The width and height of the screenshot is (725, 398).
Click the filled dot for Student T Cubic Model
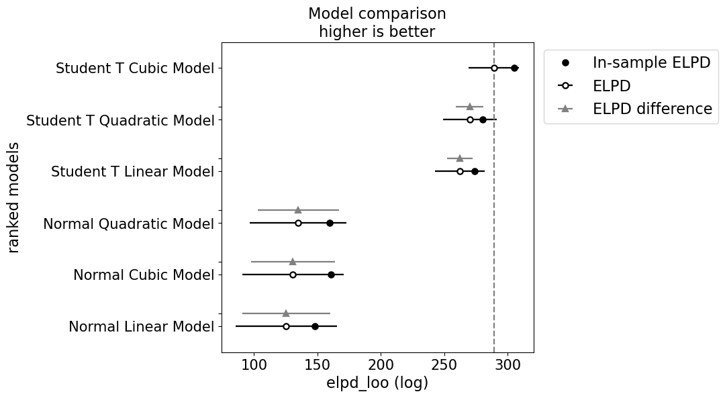coord(514,68)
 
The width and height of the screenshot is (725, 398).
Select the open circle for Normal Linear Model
coord(286,326)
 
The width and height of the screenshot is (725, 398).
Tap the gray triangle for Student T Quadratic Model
coord(470,106)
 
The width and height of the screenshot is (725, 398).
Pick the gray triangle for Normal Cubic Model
coord(293,261)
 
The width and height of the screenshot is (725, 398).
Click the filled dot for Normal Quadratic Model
coord(330,223)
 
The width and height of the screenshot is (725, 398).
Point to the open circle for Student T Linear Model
coord(460,171)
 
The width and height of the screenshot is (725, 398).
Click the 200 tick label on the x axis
coord(381,364)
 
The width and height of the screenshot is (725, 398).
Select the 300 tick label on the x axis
coord(508,364)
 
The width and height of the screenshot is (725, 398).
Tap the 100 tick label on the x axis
coord(254,364)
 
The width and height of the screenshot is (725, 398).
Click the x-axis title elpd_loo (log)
coord(377,384)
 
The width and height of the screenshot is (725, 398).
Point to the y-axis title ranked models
coord(14,197)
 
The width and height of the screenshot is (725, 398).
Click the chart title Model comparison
coord(377,14)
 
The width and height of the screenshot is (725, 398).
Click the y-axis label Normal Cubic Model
coord(144,275)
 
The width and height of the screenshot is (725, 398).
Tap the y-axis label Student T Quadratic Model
coord(120,121)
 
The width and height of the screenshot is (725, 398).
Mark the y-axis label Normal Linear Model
coord(141,327)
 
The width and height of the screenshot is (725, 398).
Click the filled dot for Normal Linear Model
coord(315,326)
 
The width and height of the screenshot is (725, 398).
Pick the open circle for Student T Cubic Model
coord(494,68)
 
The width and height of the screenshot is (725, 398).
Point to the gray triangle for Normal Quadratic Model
coord(298,209)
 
